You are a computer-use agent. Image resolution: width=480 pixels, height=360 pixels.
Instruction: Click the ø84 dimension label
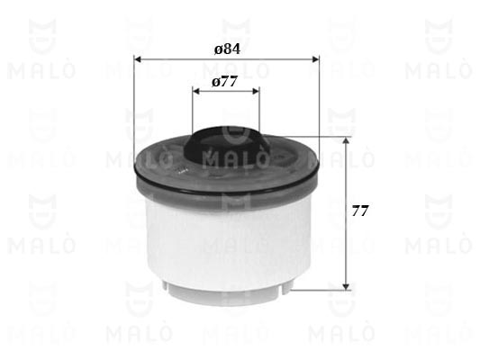point(227,49)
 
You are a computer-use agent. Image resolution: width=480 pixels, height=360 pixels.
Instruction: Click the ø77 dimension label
point(225,81)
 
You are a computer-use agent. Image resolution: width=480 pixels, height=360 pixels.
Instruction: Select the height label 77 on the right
point(359,211)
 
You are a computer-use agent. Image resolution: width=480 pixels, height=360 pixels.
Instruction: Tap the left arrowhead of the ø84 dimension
point(138,59)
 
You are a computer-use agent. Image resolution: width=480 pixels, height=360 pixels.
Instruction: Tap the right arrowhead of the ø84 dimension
point(315,59)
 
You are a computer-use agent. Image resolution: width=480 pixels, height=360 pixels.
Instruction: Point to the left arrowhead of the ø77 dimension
point(196,91)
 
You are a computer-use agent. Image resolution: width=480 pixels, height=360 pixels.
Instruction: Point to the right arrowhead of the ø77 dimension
point(256,91)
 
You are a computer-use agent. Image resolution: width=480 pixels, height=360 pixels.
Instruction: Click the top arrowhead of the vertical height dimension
point(346,140)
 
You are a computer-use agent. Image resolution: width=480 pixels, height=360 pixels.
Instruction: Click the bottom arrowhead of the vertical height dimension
point(346,286)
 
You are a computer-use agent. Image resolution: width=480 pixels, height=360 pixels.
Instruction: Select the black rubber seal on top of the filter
point(227,144)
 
